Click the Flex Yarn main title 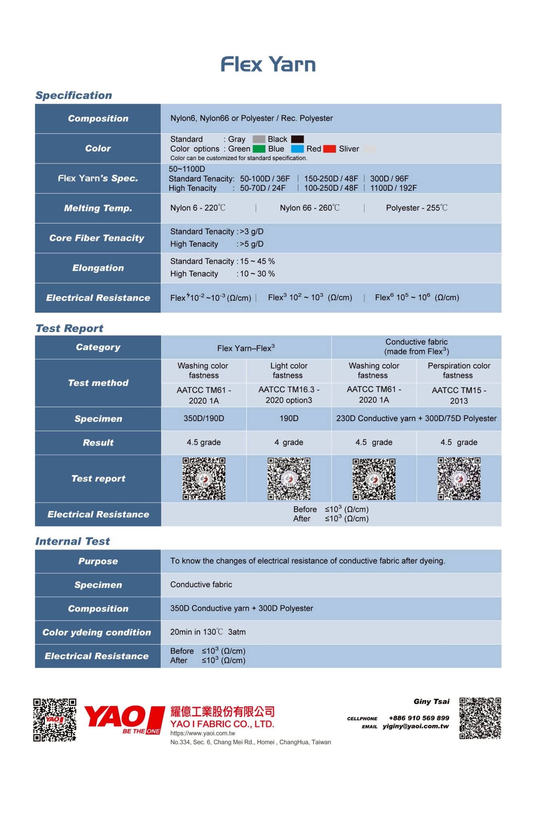pos(268,64)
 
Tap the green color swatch pos(259,149)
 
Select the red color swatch pos(329,149)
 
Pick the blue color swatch pos(297,149)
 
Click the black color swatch pos(297,139)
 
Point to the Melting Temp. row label pos(98,208)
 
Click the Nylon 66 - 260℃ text pos(310,208)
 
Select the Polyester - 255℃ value pos(417,208)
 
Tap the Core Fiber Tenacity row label pos(97,238)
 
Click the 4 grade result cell pos(289,442)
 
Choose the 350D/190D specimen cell pos(204,418)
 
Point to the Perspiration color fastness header pos(459,370)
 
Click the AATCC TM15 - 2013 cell pos(459,395)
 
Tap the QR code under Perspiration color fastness pos(459,479)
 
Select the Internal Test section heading pos(72,541)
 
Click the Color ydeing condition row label pos(97,632)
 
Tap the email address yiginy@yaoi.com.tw pos(416,726)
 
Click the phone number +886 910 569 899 pos(419,718)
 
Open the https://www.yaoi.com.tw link pos(202,733)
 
